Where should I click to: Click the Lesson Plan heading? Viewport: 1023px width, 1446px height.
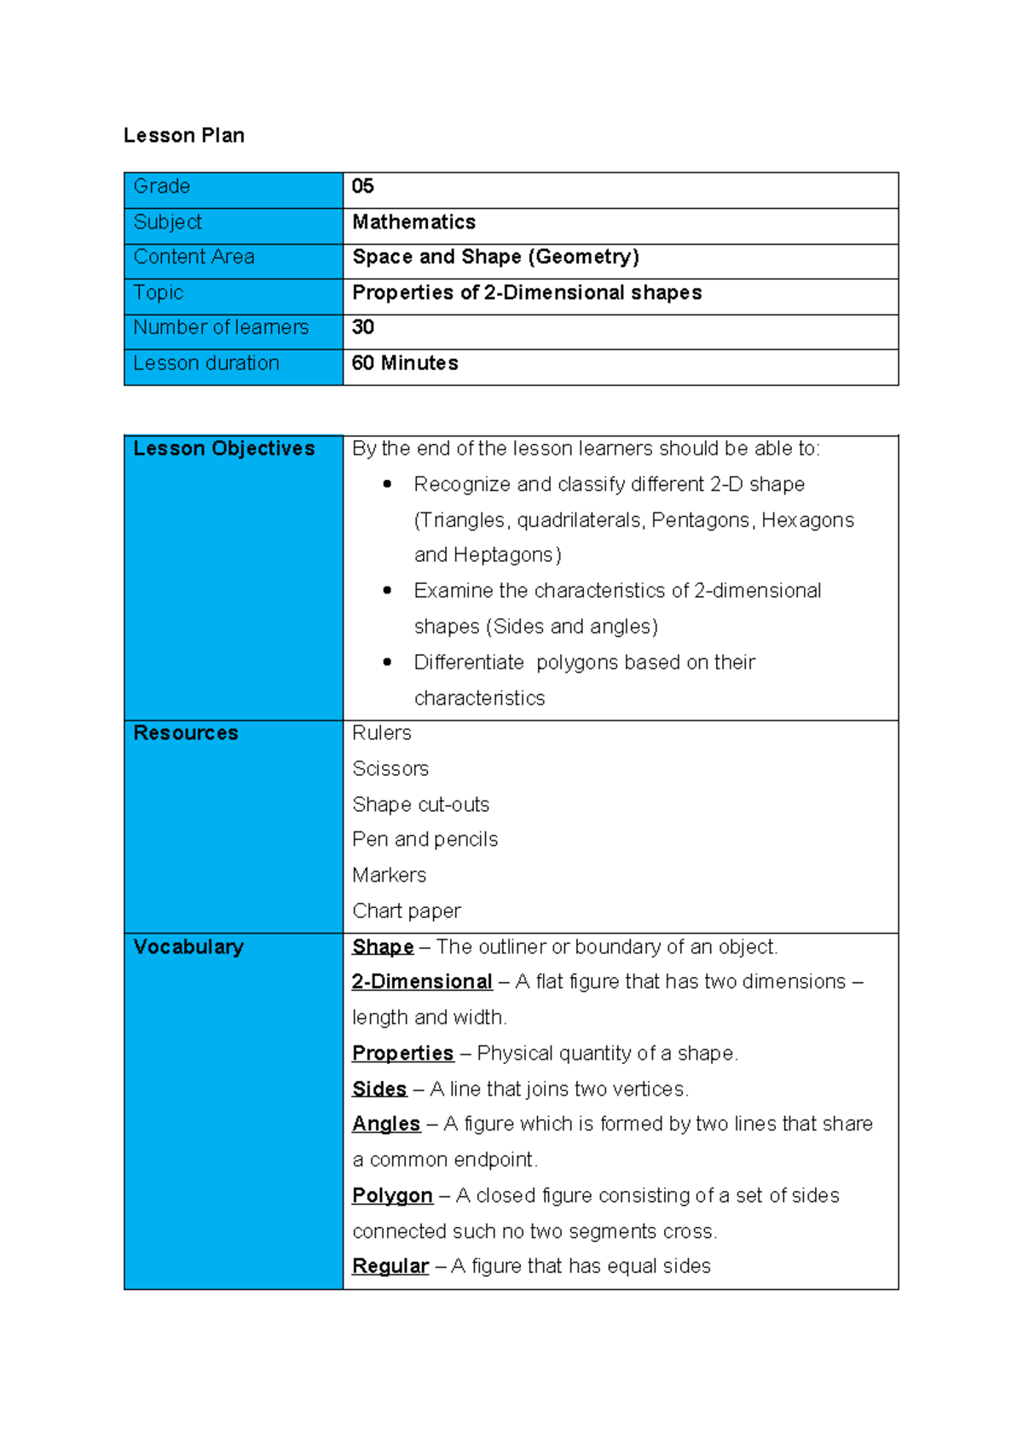pos(184,136)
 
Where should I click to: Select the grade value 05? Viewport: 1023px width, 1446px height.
pos(363,186)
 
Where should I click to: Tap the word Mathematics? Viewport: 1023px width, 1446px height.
pos(414,222)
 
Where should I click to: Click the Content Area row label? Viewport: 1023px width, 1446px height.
pos(194,257)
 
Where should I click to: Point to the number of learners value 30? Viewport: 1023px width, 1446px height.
pos(363,327)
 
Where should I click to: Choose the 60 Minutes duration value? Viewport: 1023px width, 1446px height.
pos(405,363)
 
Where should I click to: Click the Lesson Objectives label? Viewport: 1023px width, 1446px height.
pos(224,448)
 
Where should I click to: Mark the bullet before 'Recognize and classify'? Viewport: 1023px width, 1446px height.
pos(388,484)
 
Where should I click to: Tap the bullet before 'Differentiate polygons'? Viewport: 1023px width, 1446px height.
pos(388,662)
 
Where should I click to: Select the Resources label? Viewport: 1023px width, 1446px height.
pos(186,733)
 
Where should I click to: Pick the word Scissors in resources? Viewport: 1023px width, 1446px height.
pos(390,769)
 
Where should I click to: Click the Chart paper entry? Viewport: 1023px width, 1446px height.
pos(407,911)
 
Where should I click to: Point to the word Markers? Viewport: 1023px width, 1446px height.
pos(390,876)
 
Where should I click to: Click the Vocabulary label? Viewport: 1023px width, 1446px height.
pos(188,947)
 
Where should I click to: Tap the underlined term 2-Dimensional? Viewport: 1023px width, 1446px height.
pos(422,982)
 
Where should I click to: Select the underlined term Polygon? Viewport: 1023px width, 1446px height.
pos(392,1196)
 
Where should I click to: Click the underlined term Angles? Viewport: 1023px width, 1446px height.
pos(386,1125)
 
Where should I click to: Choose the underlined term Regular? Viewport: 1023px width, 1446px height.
pos(390,1267)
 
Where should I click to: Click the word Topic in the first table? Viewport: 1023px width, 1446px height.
pos(159,292)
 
